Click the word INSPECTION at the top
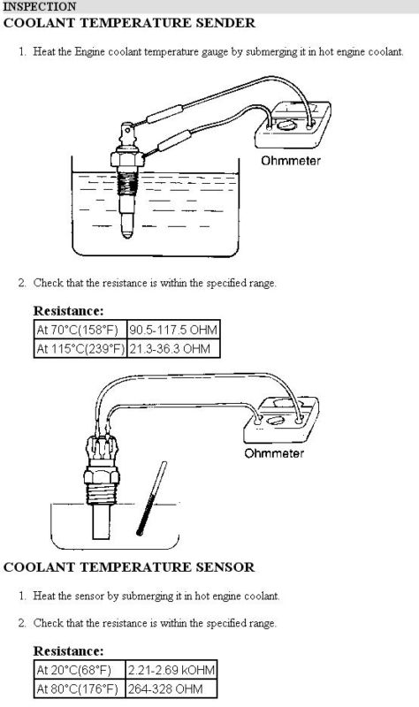(x=40, y=7)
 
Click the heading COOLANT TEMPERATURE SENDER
(x=129, y=23)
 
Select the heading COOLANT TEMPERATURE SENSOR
(x=129, y=566)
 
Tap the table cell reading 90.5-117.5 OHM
(x=173, y=330)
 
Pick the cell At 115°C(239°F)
(x=80, y=348)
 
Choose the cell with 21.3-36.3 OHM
(x=173, y=348)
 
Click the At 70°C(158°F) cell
(x=80, y=330)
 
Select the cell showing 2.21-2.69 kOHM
(x=171, y=670)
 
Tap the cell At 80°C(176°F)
(x=80, y=689)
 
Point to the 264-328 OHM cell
(x=171, y=689)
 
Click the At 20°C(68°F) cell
(x=80, y=670)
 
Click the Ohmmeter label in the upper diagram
(x=291, y=161)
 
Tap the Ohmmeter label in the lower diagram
(x=274, y=453)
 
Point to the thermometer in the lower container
(x=151, y=498)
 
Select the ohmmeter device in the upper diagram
(x=293, y=125)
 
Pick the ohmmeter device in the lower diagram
(x=281, y=419)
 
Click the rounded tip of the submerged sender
(x=127, y=232)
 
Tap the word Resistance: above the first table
(x=69, y=311)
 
